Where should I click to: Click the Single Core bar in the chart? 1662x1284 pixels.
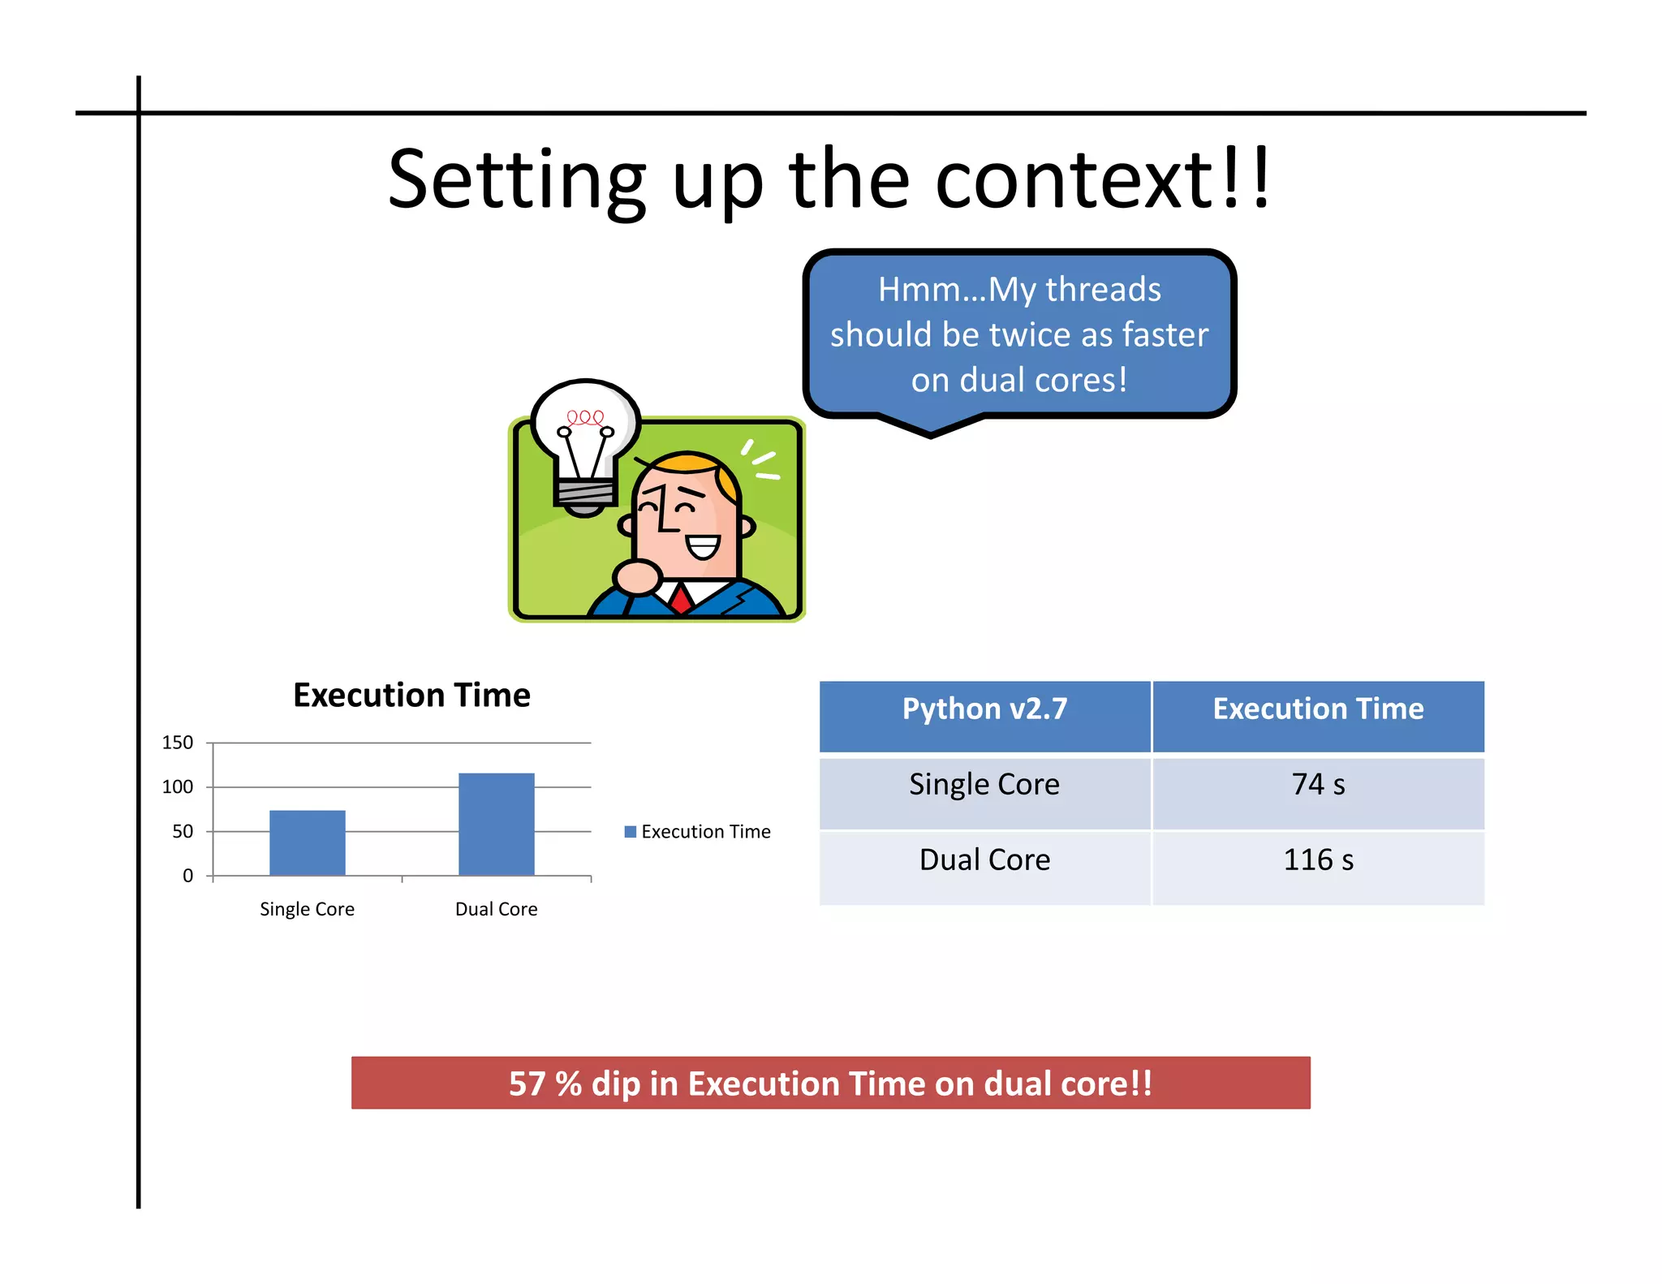coord(307,842)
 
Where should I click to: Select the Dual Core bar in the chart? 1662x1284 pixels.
coord(496,824)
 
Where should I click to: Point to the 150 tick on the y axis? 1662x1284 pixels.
coord(177,743)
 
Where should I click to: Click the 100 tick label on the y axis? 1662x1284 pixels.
coord(177,786)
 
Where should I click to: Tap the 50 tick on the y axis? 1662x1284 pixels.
coord(183,831)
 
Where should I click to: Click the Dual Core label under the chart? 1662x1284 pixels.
coord(496,909)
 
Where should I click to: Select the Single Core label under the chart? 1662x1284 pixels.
coord(307,909)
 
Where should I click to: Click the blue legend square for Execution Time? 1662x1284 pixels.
coord(630,832)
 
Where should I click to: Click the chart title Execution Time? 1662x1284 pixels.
coord(411,696)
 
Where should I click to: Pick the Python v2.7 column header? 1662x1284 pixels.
coord(984,709)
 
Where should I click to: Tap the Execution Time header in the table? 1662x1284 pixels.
coord(1318,709)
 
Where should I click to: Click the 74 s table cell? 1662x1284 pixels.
coord(1318,785)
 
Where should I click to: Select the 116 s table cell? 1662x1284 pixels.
coord(1318,860)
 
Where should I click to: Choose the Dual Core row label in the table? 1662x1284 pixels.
coord(984,860)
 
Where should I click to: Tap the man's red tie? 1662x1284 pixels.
coord(680,599)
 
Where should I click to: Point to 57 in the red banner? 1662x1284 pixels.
coord(527,1084)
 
